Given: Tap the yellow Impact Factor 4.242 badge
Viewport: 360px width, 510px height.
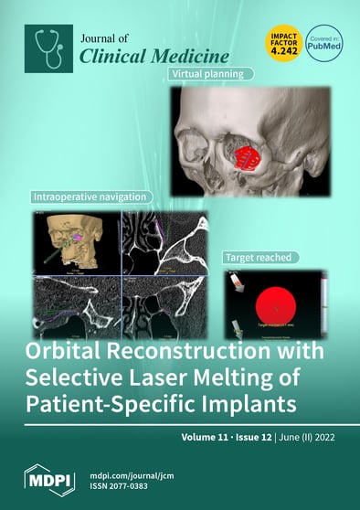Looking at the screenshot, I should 279,45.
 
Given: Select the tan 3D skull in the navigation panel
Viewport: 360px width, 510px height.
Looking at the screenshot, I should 66,239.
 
